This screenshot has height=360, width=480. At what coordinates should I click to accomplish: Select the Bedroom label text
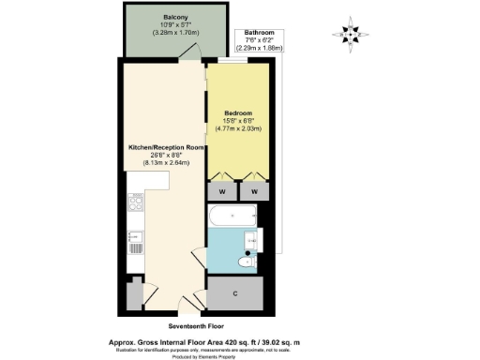point(238,112)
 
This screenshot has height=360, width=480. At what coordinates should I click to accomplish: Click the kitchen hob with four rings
point(135,204)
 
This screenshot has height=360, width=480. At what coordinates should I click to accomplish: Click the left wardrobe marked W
point(222,191)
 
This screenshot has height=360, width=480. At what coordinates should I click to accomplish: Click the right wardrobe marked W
point(253,191)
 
